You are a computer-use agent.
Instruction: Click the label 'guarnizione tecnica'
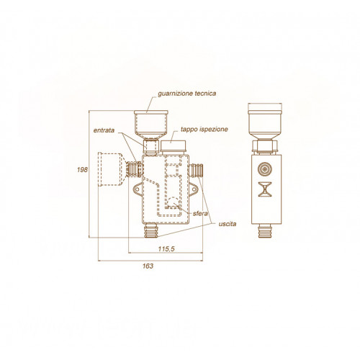[x=186, y=94]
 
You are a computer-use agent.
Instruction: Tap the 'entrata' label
[x=104, y=130]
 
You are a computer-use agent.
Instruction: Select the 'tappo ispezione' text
[x=204, y=130]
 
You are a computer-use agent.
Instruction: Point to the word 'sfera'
[x=200, y=213]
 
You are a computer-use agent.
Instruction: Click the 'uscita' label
[x=228, y=224]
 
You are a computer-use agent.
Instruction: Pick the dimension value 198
[x=82, y=170]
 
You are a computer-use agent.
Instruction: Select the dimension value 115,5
[x=166, y=249]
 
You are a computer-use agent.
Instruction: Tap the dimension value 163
[x=148, y=266]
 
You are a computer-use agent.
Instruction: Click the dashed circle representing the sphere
[x=173, y=202]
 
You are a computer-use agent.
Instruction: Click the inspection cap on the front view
[x=174, y=147]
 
